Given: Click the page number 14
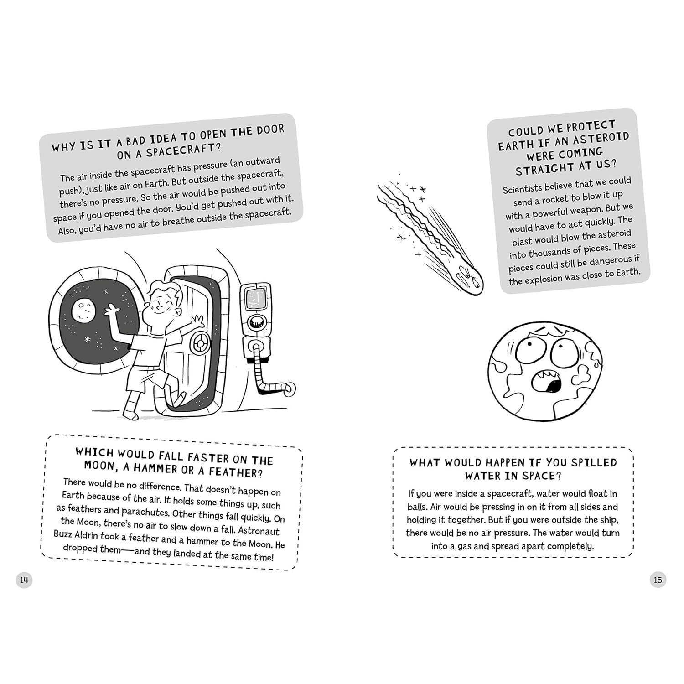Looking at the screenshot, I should click(24, 580).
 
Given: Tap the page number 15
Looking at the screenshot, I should click(658, 580).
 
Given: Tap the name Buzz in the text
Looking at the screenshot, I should click(63, 534).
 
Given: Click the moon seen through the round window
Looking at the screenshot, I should click(83, 311).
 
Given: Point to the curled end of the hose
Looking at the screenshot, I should click(288, 389).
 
